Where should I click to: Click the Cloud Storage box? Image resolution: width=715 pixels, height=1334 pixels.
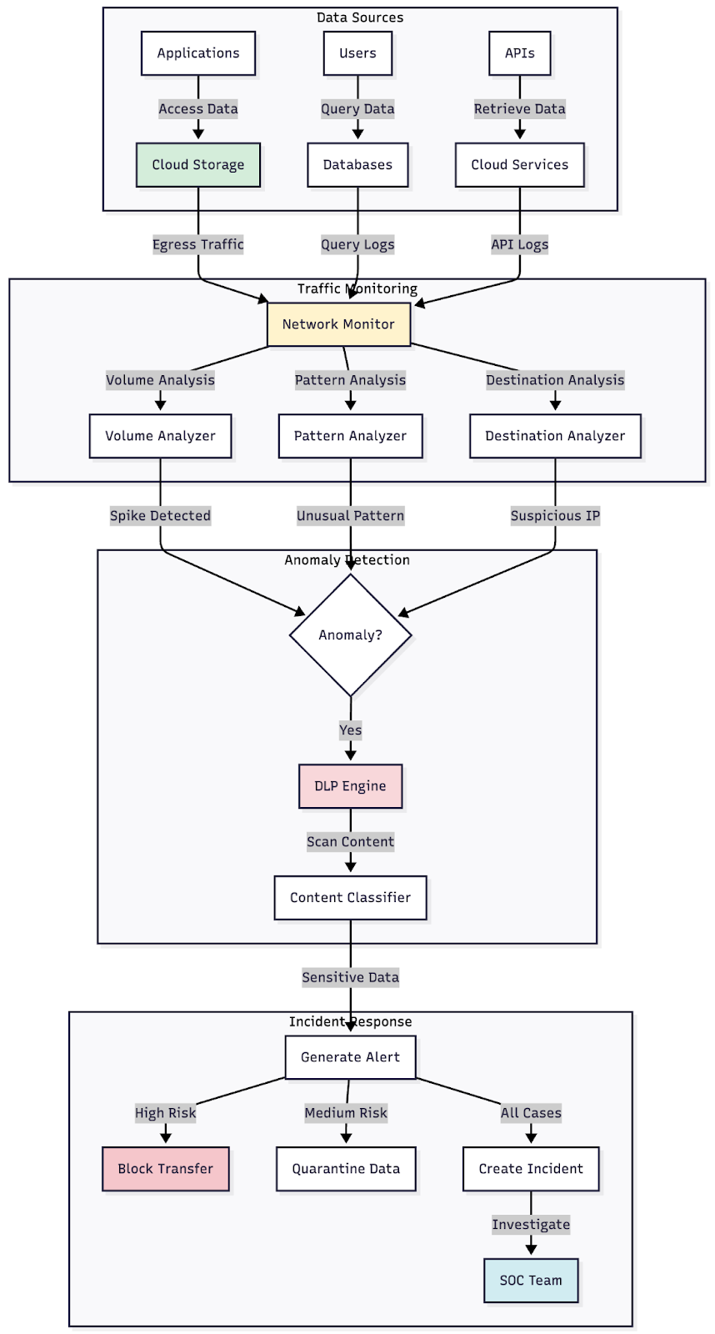(198, 165)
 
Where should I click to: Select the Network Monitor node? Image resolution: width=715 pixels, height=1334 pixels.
(338, 324)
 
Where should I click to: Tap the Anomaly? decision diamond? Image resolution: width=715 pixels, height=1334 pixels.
(350, 635)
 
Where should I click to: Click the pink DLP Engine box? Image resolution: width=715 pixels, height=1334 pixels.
(350, 786)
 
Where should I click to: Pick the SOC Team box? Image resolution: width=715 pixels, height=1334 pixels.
(531, 1281)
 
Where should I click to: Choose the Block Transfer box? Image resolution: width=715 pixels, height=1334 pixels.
(166, 1169)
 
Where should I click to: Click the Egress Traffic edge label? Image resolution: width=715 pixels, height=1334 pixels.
(198, 244)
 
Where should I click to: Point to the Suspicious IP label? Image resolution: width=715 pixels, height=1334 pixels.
(555, 516)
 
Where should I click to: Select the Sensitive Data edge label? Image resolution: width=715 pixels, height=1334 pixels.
(350, 977)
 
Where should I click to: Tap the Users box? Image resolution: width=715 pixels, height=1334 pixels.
(357, 53)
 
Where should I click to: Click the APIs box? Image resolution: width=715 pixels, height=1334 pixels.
(519, 53)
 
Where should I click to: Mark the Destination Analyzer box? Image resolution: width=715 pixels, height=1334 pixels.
(555, 436)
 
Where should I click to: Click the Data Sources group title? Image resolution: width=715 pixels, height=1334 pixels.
(360, 18)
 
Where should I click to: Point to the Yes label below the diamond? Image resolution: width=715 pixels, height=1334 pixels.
(350, 730)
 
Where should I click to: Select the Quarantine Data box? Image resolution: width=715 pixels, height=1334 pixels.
(346, 1169)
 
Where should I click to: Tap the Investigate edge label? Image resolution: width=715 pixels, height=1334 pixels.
(531, 1225)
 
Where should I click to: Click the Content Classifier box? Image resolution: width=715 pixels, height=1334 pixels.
(350, 898)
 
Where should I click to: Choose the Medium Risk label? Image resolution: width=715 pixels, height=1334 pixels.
(346, 1113)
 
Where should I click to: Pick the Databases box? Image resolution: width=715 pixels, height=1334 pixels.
(357, 165)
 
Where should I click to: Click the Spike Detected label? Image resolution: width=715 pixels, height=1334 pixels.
(160, 516)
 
